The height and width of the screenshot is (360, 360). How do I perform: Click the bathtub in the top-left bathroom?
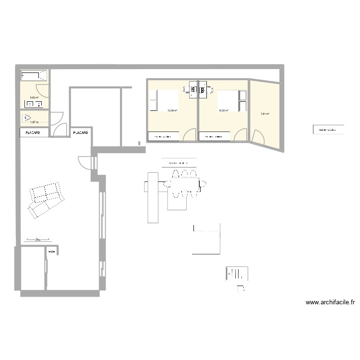pos(34,76)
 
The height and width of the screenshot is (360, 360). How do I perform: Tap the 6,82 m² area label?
pos(34,97)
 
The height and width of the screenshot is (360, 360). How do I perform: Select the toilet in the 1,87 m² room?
pos(28,117)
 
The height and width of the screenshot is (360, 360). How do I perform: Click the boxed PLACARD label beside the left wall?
pos(34,132)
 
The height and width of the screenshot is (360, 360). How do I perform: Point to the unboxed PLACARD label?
pos(80,132)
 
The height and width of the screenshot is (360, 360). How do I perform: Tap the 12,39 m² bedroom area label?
pos(171,110)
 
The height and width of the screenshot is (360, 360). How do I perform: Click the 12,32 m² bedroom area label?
pos(224,110)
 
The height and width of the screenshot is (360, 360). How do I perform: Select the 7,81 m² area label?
pos(264,114)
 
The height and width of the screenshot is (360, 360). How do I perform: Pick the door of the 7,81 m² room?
pos(257,137)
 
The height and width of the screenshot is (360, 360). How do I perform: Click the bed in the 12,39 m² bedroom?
pos(166,101)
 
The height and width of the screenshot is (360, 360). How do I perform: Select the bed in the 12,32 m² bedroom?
pos(228,101)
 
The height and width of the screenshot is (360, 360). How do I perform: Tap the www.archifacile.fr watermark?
pos(330,302)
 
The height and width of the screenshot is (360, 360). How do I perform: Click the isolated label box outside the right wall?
pos(328,129)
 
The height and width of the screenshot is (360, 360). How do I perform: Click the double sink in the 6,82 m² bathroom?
pos(34,104)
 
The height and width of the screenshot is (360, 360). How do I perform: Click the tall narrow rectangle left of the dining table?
pos(153,197)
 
